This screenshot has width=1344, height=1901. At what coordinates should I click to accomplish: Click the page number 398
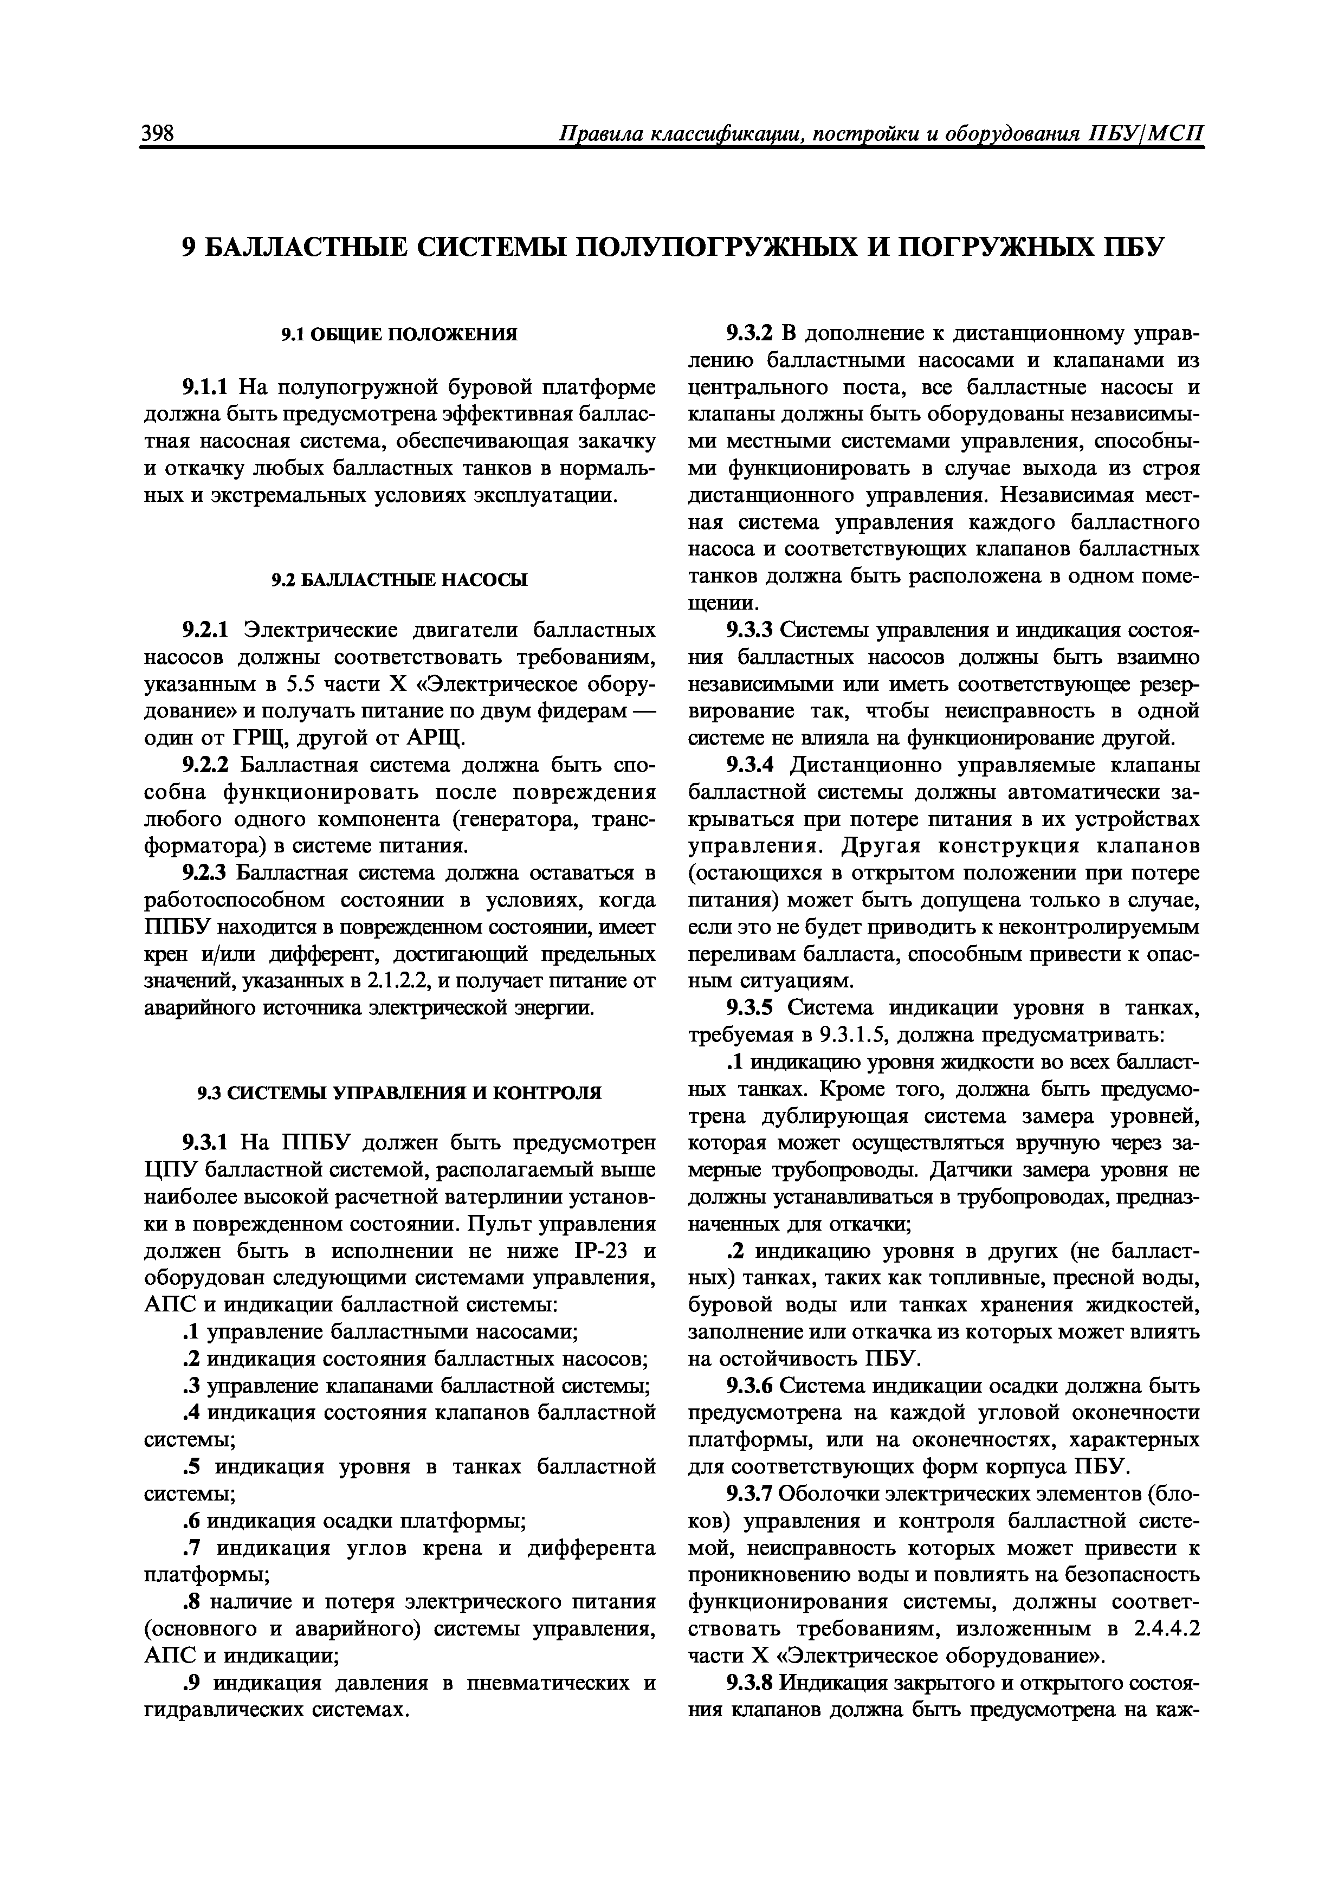(x=158, y=132)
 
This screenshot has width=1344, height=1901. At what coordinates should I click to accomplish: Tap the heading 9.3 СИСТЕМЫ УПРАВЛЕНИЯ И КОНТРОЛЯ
(x=399, y=1093)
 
